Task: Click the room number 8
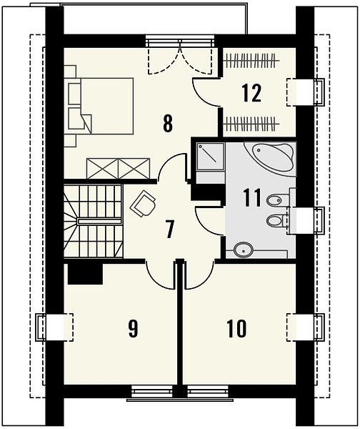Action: click(168, 123)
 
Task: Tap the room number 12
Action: click(251, 93)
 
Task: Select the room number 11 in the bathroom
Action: click(252, 197)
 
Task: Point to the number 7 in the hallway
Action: click(169, 230)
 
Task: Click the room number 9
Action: click(133, 329)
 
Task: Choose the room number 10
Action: click(236, 329)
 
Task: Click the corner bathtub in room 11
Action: click(270, 156)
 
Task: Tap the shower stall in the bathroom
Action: click(210, 157)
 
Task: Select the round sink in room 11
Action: click(244, 249)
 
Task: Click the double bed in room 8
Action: click(99, 106)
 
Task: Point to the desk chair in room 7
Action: click(144, 203)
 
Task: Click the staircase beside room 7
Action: click(93, 221)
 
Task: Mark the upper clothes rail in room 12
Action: click(251, 60)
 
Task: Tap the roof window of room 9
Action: click(55, 327)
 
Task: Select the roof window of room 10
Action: click(305, 327)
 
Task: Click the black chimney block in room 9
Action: click(85, 274)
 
